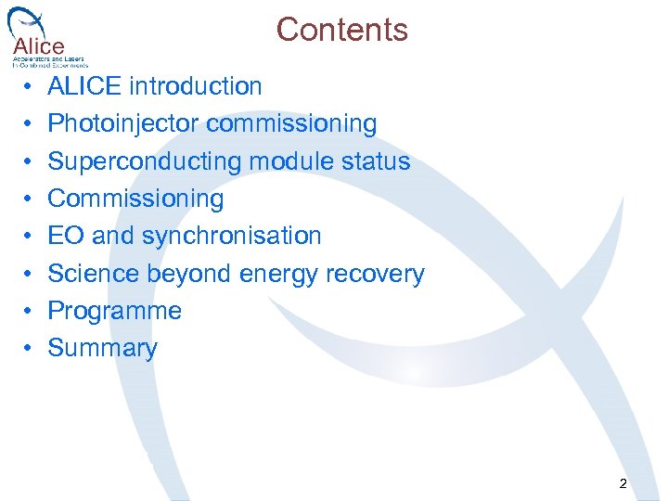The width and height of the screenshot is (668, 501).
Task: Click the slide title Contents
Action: (341, 30)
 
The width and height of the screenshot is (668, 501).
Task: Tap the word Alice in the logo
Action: (39, 45)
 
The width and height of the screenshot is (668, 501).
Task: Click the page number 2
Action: (622, 483)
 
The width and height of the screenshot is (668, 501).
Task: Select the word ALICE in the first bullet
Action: (84, 87)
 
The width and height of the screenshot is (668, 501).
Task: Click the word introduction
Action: (195, 87)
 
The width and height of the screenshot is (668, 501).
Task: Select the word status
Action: (375, 161)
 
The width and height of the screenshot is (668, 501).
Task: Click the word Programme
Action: (114, 311)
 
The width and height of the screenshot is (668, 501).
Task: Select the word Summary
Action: (102, 348)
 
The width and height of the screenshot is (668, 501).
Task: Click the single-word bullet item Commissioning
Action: (135, 199)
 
